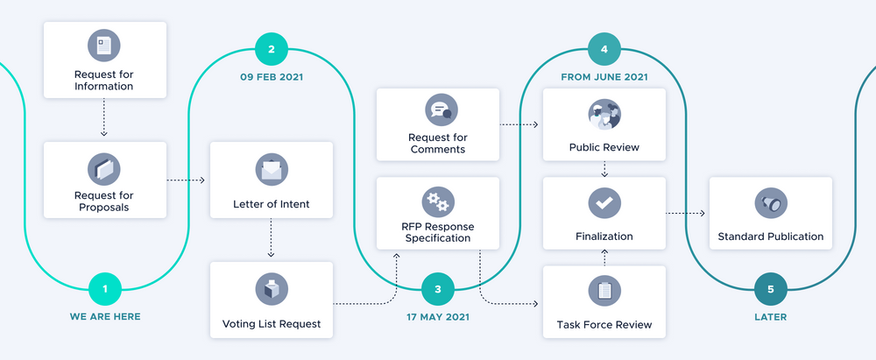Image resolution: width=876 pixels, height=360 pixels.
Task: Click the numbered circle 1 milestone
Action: tap(105, 288)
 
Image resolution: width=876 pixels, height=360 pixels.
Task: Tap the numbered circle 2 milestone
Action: tap(272, 49)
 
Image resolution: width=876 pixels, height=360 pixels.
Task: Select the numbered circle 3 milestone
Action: tap(438, 288)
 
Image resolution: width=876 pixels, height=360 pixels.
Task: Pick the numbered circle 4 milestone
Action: tap(604, 49)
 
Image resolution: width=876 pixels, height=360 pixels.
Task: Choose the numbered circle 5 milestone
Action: tap(771, 288)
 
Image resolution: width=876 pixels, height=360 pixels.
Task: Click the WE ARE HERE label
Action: tap(105, 316)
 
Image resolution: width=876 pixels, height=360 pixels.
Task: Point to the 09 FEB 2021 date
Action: tap(272, 76)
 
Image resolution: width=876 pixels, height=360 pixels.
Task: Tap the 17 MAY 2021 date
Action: tap(438, 316)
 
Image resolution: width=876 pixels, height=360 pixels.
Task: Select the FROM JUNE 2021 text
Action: tap(604, 76)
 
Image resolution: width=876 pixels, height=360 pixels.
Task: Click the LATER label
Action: tap(771, 316)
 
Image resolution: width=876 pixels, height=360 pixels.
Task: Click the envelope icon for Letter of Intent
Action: tap(271, 169)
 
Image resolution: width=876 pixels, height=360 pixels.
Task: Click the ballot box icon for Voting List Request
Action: tap(271, 289)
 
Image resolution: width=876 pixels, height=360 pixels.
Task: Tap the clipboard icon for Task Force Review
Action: tap(604, 291)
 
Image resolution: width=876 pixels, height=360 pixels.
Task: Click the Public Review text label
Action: tap(604, 147)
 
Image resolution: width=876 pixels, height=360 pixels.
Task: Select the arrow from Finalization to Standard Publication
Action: tap(686, 213)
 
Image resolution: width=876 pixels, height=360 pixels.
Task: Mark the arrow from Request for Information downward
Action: tap(104, 116)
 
